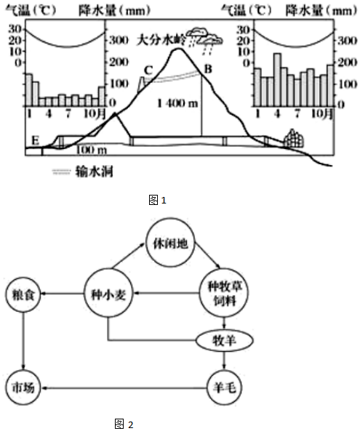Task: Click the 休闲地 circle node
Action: [170, 243]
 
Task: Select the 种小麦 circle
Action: [108, 294]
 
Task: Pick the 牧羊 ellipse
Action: [225, 341]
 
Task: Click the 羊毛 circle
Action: [225, 388]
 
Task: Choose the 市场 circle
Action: [23, 387]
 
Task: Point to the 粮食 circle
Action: [23, 294]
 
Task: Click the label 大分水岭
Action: [161, 40]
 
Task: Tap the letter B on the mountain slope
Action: [208, 69]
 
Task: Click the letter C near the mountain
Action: [148, 71]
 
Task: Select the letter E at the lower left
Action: [36, 140]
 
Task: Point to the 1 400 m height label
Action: [177, 103]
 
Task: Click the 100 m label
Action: [91, 150]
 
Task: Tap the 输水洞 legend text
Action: [95, 172]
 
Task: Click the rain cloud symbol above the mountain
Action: [204, 39]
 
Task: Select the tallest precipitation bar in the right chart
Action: [277, 80]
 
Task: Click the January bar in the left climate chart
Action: [29, 90]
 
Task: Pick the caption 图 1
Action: [158, 200]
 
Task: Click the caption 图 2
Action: [124, 424]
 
